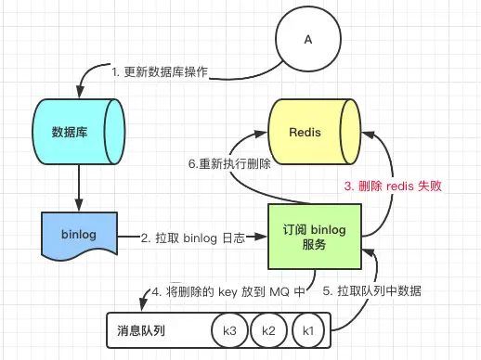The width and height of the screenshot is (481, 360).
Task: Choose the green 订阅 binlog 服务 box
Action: tap(314, 229)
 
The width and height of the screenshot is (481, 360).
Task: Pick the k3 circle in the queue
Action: tap(229, 331)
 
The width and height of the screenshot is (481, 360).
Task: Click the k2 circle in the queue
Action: tap(269, 331)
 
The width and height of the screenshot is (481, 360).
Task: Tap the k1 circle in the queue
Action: tap(309, 331)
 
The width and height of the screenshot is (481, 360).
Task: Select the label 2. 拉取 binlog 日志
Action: tap(194, 238)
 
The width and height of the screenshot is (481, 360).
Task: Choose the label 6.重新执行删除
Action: tap(227, 164)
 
